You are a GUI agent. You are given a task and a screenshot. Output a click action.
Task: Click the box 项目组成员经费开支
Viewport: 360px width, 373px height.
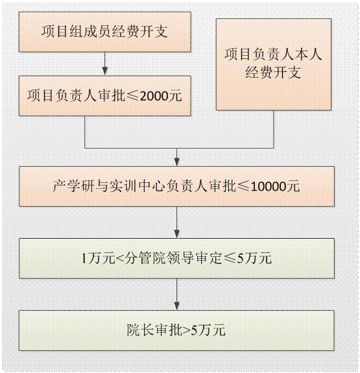click(105, 32)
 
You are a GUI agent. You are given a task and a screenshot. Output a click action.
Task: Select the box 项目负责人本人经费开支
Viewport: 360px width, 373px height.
click(274, 64)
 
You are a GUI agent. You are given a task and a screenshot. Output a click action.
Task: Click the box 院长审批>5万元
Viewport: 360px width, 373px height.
click(176, 330)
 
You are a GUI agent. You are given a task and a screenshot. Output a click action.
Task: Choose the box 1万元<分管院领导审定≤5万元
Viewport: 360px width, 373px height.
click(176, 258)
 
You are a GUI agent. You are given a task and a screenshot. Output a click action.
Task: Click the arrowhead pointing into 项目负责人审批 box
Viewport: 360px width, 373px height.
click(105, 71)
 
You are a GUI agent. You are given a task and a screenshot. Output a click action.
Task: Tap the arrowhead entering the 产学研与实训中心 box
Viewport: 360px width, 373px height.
click(176, 162)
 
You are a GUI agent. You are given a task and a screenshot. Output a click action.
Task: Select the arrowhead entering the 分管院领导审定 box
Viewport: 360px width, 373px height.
click(176, 234)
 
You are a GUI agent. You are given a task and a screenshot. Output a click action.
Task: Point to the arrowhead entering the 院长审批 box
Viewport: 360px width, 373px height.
click(176, 306)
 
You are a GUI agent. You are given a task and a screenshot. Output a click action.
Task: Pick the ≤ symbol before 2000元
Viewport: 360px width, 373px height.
click(132, 96)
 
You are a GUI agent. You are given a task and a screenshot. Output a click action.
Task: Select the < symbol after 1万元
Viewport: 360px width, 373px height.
click(120, 259)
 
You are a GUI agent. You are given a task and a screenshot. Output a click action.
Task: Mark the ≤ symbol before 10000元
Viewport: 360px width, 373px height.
click(243, 187)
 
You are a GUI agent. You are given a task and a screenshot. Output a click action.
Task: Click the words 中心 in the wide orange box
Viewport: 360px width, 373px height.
click(151, 186)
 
